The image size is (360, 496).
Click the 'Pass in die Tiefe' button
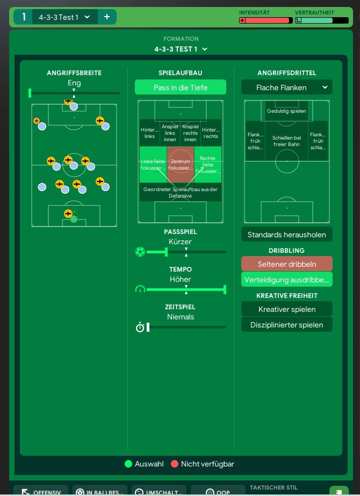click(180, 87)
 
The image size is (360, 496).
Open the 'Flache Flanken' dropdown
click(287, 87)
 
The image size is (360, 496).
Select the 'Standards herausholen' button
click(287, 235)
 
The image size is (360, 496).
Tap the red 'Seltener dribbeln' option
click(287, 264)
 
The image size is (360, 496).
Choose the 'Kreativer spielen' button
click(287, 309)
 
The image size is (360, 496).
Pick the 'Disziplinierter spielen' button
click(287, 324)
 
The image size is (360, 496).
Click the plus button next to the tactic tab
click(106, 17)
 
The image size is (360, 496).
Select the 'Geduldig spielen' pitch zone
click(286, 111)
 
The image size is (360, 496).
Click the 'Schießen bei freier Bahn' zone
click(286, 141)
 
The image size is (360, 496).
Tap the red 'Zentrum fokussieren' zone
click(181, 165)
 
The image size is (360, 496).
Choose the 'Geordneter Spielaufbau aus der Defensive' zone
click(181, 192)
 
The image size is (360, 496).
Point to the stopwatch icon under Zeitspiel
click(140, 327)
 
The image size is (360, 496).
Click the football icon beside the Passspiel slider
click(140, 251)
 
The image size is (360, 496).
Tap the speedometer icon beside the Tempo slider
click(140, 289)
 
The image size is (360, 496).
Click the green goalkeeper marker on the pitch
click(74, 218)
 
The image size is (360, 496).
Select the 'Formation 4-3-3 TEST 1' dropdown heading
click(181, 49)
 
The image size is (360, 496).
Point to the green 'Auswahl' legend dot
click(128, 464)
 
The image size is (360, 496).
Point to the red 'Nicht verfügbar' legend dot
click(174, 464)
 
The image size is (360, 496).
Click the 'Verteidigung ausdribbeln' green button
click(287, 280)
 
